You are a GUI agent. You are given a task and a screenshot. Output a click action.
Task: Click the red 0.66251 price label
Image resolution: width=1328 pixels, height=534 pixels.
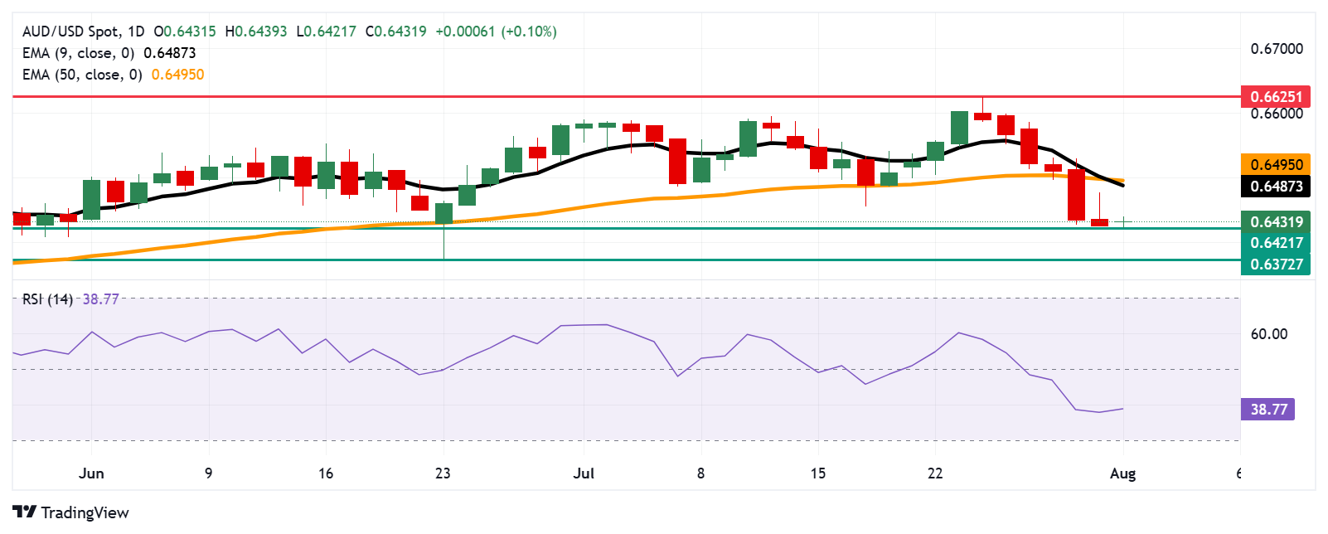point(1276,96)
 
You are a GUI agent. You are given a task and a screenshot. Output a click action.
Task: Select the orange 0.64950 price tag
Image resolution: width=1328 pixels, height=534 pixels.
point(1276,164)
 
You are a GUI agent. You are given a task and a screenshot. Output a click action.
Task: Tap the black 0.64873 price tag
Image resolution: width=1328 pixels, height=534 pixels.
point(1276,186)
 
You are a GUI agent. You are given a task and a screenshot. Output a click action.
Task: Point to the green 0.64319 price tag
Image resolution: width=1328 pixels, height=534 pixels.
point(1276,221)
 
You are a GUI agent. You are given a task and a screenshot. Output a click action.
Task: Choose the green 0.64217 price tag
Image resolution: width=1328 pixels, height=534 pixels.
point(1276,243)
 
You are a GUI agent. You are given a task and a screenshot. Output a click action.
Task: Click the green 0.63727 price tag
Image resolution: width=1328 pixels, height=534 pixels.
point(1276,265)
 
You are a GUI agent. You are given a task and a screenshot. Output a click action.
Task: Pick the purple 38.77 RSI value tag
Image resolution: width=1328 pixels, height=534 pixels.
point(1268,409)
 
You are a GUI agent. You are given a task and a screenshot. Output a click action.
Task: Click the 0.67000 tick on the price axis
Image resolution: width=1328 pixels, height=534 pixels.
point(1276,49)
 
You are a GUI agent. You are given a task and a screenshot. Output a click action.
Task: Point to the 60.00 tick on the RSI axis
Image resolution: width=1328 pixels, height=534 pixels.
point(1268,334)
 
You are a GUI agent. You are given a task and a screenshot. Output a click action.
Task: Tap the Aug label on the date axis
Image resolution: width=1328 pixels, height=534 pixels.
point(1122,473)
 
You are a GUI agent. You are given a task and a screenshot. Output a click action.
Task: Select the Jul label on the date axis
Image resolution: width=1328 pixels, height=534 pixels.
point(584,473)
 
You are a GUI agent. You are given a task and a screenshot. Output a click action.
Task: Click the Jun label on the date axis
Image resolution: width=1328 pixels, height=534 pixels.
point(91,473)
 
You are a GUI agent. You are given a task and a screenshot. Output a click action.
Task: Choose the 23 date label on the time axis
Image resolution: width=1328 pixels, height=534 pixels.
point(443,473)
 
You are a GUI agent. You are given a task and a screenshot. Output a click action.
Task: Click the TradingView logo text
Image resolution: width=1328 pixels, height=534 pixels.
point(85,512)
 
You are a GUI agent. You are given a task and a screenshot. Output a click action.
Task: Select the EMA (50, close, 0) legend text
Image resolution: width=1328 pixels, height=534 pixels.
point(82,75)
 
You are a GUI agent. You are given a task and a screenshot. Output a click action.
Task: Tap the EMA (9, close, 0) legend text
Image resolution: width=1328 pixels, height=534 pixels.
point(78,53)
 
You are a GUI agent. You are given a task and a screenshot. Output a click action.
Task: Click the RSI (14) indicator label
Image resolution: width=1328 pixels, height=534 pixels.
point(47,299)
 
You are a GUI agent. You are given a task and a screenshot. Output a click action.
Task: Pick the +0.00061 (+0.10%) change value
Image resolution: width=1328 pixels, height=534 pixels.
point(496,32)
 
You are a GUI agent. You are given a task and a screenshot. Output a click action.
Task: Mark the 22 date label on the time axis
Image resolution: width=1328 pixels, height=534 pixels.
point(935,473)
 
